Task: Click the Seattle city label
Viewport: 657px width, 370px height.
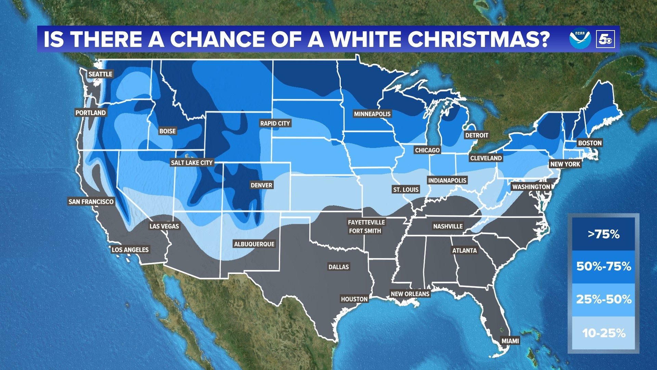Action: pyautogui.click(x=100, y=74)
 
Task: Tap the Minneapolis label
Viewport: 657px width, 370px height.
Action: pyautogui.click(x=372, y=114)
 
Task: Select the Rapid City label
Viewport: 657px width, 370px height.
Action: pyautogui.click(x=275, y=123)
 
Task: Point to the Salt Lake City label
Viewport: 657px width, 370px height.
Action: pyautogui.click(x=192, y=163)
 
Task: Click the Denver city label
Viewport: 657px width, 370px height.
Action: pyautogui.click(x=261, y=185)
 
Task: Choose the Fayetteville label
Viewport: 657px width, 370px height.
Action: pyautogui.click(x=366, y=222)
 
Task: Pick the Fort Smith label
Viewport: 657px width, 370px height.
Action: pyautogui.click(x=365, y=231)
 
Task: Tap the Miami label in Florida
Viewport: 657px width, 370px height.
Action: pyautogui.click(x=510, y=341)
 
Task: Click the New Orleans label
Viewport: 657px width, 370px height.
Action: pyautogui.click(x=410, y=294)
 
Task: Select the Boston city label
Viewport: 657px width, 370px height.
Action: pyautogui.click(x=590, y=143)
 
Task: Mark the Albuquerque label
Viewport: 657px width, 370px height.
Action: pyautogui.click(x=254, y=244)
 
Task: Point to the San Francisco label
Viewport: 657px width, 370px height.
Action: pyautogui.click(x=91, y=202)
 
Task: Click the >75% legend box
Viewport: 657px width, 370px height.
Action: pyautogui.click(x=603, y=234)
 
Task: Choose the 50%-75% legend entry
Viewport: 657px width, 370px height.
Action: pyautogui.click(x=603, y=267)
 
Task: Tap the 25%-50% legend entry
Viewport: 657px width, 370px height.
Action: pyautogui.click(x=603, y=299)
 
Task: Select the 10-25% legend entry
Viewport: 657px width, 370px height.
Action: pyautogui.click(x=603, y=333)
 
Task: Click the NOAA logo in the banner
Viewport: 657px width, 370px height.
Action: pyautogui.click(x=580, y=38)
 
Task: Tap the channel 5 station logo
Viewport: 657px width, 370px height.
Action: pyautogui.click(x=605, y=39)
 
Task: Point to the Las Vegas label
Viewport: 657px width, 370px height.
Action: pyautogui.click(x=164, y=226)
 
